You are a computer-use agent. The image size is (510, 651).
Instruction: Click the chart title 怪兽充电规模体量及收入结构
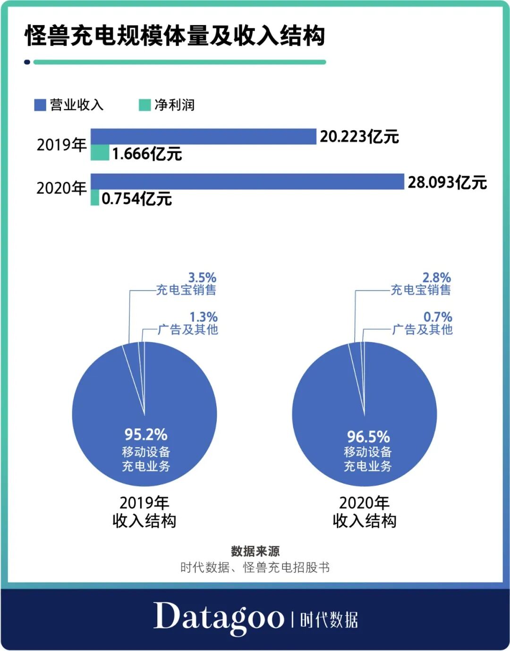[175, 36]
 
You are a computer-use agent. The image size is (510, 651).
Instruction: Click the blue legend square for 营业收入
[40, 105]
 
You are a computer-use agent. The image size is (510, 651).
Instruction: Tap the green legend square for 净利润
[144, 105]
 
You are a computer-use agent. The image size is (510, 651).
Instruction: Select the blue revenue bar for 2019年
[203, 136]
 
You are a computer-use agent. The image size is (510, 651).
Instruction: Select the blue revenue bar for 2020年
[247, 182]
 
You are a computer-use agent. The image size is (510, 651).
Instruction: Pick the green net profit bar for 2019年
[100, 153]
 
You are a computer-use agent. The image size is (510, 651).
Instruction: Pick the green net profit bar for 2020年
[95, 198]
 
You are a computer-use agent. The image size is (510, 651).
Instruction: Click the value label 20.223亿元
[359, 137]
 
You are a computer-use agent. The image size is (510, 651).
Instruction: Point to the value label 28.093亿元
[447, 182]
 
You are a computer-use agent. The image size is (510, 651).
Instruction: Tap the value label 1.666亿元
[147, 154]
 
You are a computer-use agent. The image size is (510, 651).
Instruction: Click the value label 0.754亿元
[136, 199]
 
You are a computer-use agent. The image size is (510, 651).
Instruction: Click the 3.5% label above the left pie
[202, 277]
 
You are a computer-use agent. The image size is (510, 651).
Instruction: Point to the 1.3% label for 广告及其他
[204, 317]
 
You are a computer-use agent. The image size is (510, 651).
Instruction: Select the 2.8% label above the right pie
[436, 277]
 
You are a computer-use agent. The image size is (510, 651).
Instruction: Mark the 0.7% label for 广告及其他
[438, 317]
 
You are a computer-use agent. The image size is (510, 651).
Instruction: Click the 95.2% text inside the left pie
[146, 434]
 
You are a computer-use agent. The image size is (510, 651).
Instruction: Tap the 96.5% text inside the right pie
[368, 436]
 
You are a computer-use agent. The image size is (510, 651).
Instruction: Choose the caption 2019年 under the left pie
[144, 502]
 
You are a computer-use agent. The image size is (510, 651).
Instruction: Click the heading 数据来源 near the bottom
[255, 551]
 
